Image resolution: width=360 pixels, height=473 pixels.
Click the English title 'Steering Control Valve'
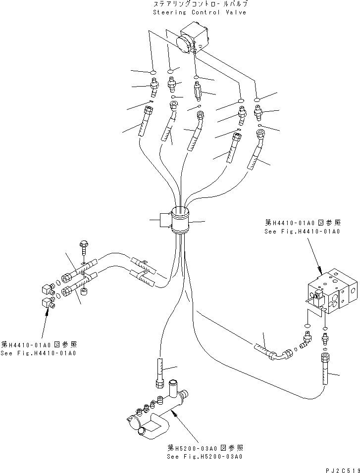click(x=199, y=12)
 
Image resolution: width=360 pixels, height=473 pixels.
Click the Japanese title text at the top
click(x=200, y=4)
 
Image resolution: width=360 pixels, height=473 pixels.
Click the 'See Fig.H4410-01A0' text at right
click(x=302, y=231)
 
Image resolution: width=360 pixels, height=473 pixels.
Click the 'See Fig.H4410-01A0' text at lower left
click(x=39, y=353)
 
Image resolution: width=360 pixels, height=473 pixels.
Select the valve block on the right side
click(x=331, y=294)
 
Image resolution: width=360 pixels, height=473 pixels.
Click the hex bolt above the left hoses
click(x=83, y=246)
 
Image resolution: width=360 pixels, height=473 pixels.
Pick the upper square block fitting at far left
click(x=48, y=288)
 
